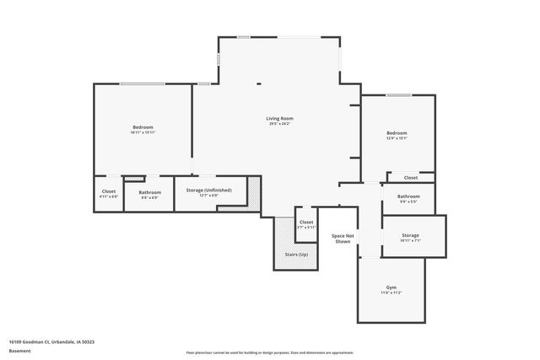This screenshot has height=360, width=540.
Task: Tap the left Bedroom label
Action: point(143,127)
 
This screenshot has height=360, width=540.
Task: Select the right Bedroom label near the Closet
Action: point(397,133)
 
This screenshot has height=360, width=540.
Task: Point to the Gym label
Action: point(391,287)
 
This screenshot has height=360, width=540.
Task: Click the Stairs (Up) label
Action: point(297,254)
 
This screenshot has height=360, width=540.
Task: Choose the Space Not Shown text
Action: point(342,239)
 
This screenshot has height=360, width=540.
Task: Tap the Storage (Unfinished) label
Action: point(208,191)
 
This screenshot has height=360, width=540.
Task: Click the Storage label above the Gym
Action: point(410,235)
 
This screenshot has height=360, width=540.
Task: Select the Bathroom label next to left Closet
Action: point(150,192)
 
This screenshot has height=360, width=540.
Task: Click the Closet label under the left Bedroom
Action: point(109,191)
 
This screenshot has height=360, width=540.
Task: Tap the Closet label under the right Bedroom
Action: point(411,178)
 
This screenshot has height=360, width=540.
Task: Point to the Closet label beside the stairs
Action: point(306,223)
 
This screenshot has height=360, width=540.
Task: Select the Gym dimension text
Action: point(391,293)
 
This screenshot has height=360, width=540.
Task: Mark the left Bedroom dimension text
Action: point(143,133)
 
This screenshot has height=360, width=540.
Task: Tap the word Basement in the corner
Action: point(19,352)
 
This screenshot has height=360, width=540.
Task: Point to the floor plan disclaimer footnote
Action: point(270,352)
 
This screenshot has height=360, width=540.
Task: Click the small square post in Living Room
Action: point(259,83)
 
